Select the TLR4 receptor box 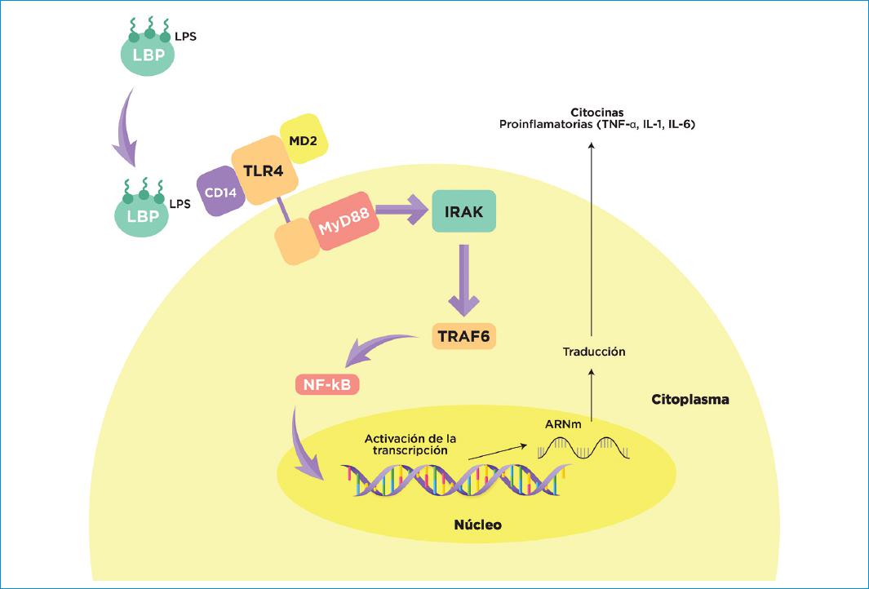(x=257, y=171)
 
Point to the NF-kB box (x=327, y=384)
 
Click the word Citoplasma (x=689, y=401)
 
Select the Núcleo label (x=477, y=524)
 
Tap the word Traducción (x=593, y=352)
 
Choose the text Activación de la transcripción (x=406, y=444)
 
